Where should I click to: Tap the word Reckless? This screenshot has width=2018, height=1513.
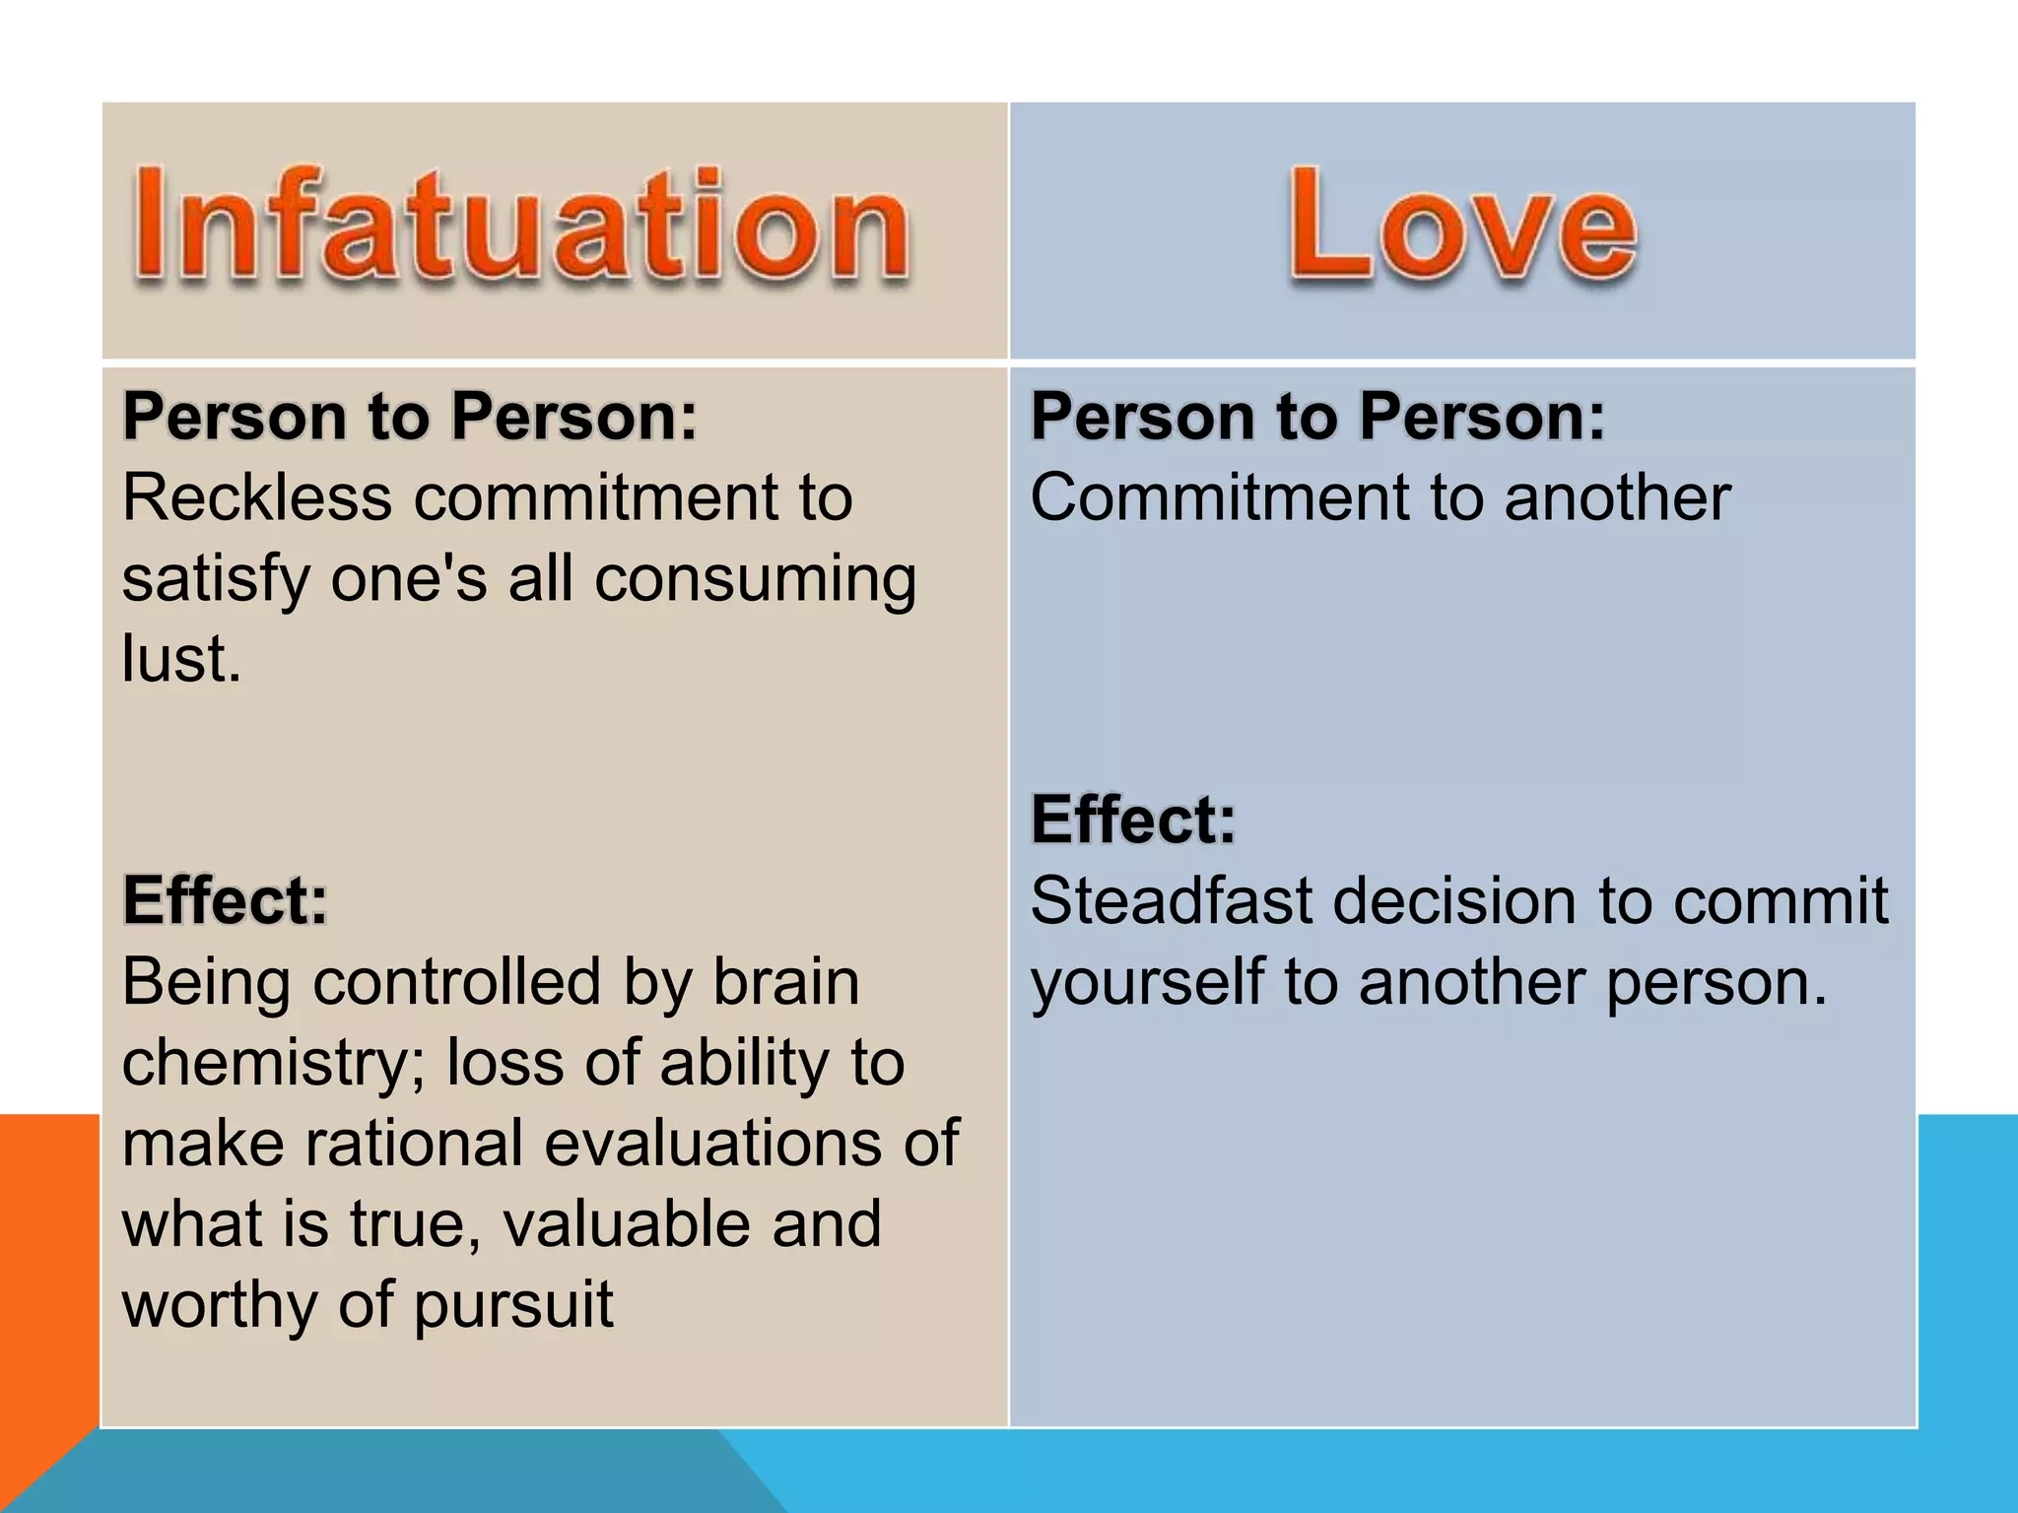click(x=257, y=497)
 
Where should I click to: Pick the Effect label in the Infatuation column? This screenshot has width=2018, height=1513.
click(x=225, y=900)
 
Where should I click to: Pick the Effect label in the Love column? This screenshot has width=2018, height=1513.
click(x=1133, y=820)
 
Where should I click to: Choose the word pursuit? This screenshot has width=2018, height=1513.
click(x=513, y=1306)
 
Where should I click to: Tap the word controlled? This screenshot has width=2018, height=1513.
click(x=457, y=983)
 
